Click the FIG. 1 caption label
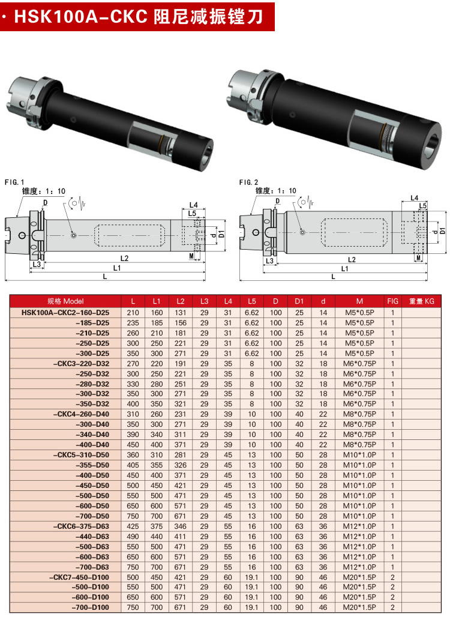pos(14,182)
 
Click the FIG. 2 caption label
pos(249,182)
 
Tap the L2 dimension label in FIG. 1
pos(124,258)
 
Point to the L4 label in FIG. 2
pos(414,198)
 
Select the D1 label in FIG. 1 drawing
pos(222,233)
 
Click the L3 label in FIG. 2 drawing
pos(269,260)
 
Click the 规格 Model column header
pos(65,301)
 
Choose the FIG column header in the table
pos(392,301)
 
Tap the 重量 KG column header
pos(421,301)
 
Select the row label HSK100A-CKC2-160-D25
pos(65,313)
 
